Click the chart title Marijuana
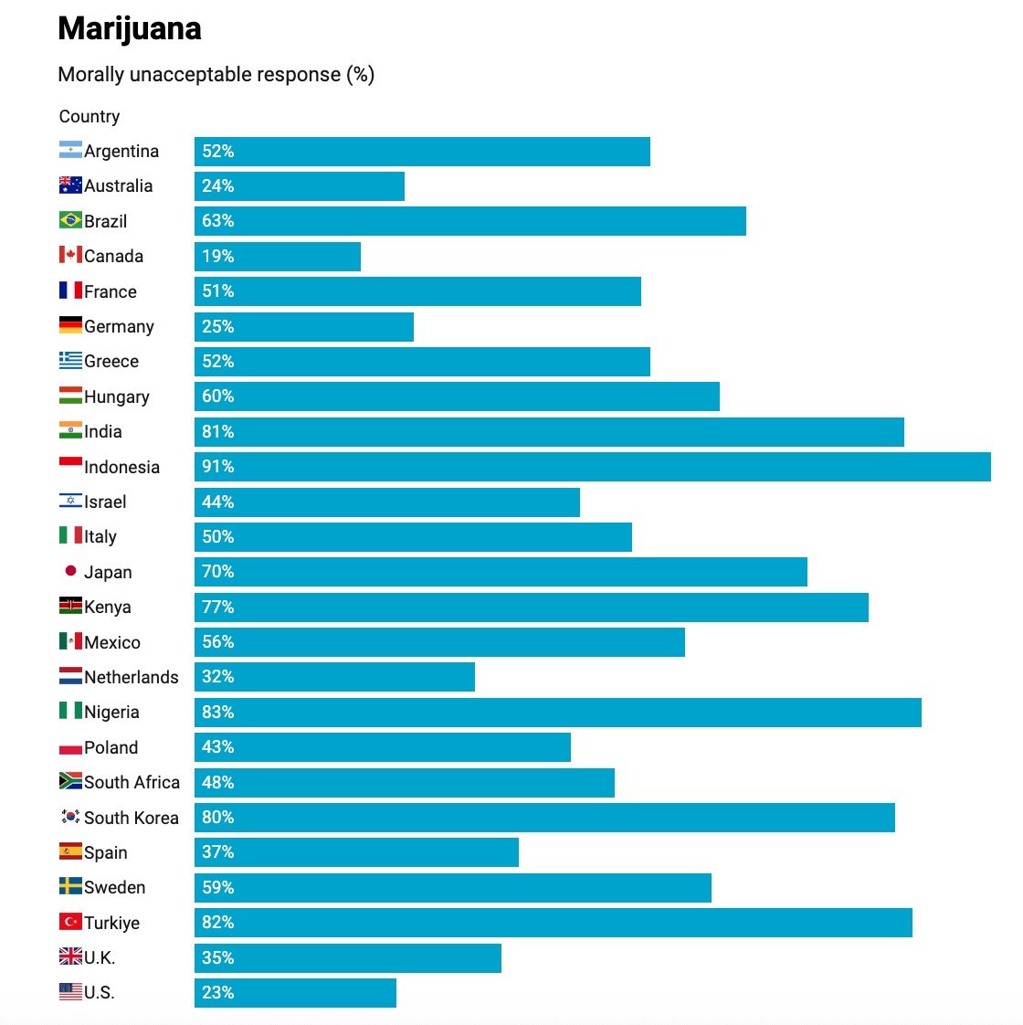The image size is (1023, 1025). tap(130, 29)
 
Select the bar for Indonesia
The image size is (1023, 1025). tap(592, 467)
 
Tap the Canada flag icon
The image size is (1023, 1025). tap(70, 255)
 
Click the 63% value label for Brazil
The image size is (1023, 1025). tap(218, 221)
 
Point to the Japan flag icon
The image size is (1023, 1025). tap(70, 571)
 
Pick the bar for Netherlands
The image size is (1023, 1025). tap(334, 677)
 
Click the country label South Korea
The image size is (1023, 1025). tap(131, 818)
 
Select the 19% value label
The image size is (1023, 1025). tap(218, 257)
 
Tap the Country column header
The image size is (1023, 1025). tap(90, 116)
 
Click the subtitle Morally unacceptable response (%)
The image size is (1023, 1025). tap(216, 75)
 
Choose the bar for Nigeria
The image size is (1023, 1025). tap(557, 713)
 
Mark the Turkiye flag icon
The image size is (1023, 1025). tap(70, 922)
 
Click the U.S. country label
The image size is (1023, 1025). tap(100, 993)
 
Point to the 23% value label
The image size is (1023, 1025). tap(218, 993)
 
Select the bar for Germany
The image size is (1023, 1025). tap(303, 327)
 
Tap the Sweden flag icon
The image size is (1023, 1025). tap(70, 886)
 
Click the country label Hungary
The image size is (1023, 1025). tap(116, 396)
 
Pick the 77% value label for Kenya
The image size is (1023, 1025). tap(218, 608)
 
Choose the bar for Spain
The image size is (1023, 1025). tap(356, 852)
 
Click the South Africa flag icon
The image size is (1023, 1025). tap(70, 781)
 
